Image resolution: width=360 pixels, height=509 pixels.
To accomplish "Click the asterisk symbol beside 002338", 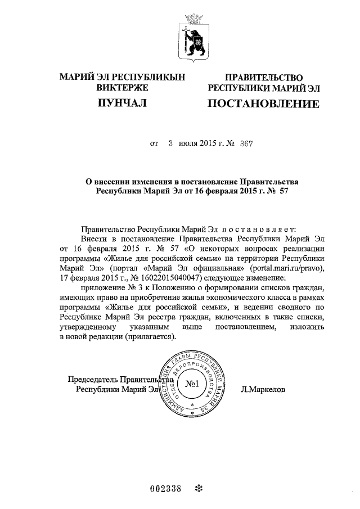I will (197, 488).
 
